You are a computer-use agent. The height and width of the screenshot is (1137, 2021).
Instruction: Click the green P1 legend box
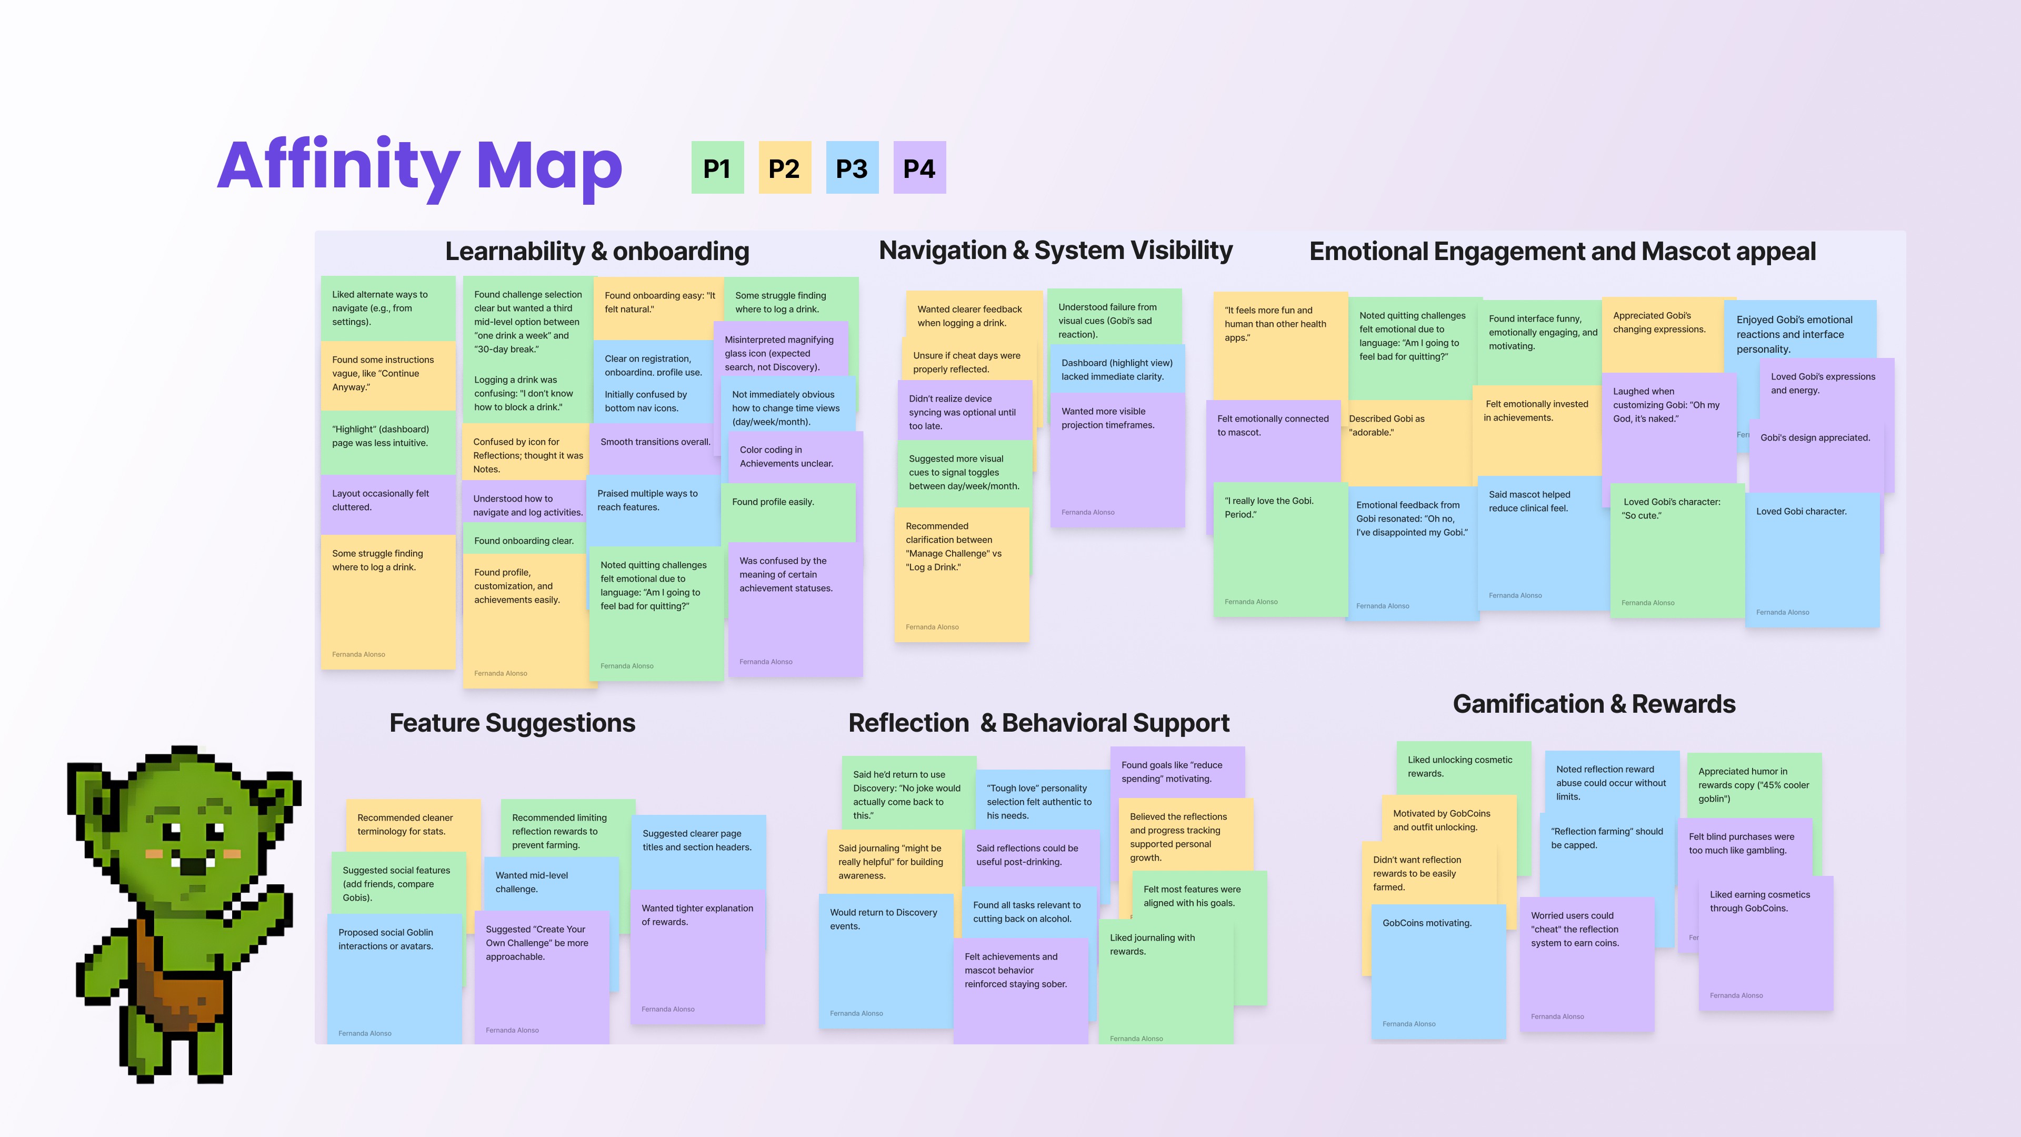pyautogui.click(x=717, y=168)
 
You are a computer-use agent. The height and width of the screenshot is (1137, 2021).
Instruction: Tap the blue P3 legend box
pyautogui.click(x=851, y=168)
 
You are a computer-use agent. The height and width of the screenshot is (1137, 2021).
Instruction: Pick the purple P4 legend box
pyautogui.click(x=919, y=168)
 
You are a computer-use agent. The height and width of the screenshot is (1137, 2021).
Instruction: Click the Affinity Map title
pyautogui.click(x=420, y=166)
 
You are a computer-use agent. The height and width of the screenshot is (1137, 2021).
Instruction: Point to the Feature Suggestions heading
pyautogui.click(x=512, y=723)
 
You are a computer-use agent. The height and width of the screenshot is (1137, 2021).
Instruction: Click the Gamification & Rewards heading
pyautogui.click(x=1594, y=704)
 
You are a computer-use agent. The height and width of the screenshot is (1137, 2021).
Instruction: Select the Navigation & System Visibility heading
pyautogui.click(x=1055, y=251)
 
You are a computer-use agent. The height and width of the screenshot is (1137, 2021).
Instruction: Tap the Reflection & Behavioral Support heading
pyautogui.click(x=1039, y=723)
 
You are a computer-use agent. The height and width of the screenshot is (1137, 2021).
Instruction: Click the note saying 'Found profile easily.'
pyautogui.click(x=788, y=510)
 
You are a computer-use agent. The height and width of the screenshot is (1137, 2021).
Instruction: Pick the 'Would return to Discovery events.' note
pyautogui.click(x=885, y=958)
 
